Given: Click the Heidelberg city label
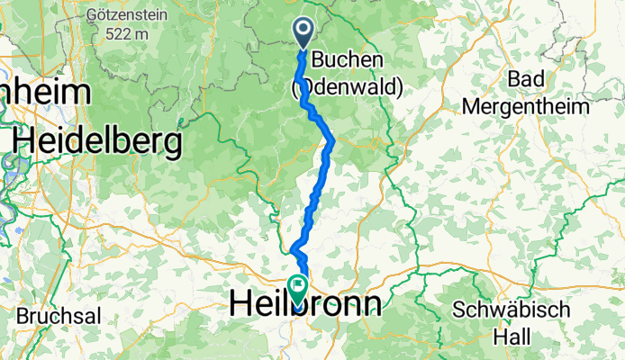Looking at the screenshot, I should pyautogui.click(x=97, y=140).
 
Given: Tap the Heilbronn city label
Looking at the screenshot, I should pyautogui.click(x=306, y=302).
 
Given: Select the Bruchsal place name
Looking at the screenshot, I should pyautogui.click(x=59, y=317).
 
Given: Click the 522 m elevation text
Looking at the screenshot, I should pyautogui.click(x=125, y=33).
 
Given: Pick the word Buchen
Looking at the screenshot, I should pyautogui.click(x=348, y=60).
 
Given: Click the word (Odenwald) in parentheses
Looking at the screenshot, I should pyautogui.click(x=347, y=86).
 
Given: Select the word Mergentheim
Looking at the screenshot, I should pyautogui.click(x=526, y=105).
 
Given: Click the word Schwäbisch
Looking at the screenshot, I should pyautogui.click(x=512, y=309).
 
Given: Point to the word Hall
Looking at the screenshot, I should pyautogui.click(x=512, y=334).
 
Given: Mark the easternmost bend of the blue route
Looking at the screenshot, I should pyautogui.click(x=334, y=139).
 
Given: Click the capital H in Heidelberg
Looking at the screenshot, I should pyautogui.click(x=24, y=140).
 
